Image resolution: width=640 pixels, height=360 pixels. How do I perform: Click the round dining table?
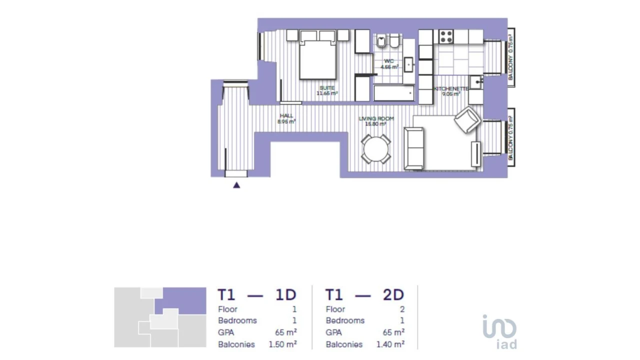tap(376, 148)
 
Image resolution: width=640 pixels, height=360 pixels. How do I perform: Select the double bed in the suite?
tap(317, 58)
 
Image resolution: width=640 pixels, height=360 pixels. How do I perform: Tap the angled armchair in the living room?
tap(467, 120)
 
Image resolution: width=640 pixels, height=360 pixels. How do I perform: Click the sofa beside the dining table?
tap(413, 148)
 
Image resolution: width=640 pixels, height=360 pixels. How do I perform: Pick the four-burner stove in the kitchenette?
tap(445, 36)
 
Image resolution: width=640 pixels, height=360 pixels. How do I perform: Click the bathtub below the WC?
tap(394, 93)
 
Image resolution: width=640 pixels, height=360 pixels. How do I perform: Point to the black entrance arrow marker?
tap(236, 185)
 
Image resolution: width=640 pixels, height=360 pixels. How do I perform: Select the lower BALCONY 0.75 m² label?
tap(510, 137)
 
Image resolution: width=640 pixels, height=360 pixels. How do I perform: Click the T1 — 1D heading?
tap(257, 294)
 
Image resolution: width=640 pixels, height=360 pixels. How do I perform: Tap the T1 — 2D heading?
tap(364, 294)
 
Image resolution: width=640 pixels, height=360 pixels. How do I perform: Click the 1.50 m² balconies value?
tap(282, 344)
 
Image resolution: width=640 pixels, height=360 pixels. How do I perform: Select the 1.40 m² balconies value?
tap(390, 344)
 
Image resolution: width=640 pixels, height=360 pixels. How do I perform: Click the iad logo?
tap(499, 331)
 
